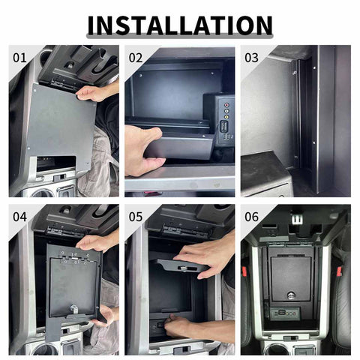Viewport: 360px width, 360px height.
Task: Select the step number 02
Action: coord(136,57)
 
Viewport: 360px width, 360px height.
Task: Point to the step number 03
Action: coord(252,57)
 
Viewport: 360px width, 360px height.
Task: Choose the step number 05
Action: coord(136,217)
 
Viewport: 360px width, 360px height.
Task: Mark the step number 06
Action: coord(252,217)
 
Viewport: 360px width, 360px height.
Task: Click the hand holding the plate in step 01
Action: coord(96,93)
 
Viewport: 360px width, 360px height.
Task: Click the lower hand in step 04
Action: coord(105,315)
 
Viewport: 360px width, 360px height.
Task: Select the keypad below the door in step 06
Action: coord(287,313)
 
